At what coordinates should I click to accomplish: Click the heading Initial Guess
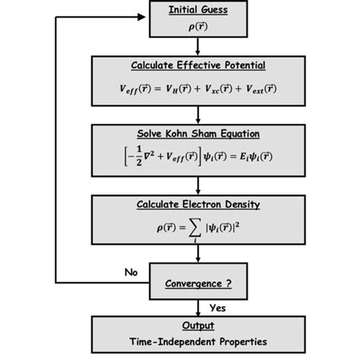[197, 10]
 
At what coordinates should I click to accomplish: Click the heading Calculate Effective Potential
[197, 65]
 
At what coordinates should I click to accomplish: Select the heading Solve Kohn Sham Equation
[197, 134]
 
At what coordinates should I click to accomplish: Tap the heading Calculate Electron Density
[197, 204]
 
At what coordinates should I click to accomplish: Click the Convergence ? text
[197, 284]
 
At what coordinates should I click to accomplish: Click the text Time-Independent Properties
[197, 342]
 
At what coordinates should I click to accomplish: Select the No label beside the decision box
[131, 271]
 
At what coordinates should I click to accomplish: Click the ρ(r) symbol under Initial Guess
[197, 26]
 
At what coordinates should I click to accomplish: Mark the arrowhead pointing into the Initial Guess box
[144, 17]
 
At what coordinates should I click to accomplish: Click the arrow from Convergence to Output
[197, 306]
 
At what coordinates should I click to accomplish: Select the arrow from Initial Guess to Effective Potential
[197, 45]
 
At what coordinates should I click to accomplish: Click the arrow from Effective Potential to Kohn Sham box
[197, 115]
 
